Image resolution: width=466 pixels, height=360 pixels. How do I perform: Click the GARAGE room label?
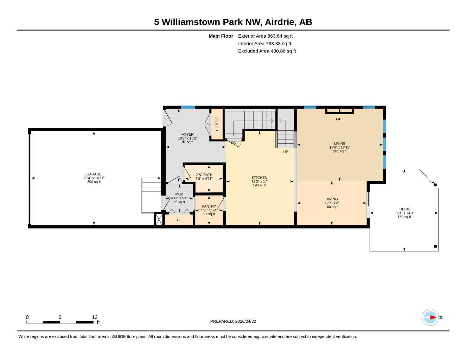94,174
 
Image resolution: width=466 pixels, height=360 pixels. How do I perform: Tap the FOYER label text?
187,134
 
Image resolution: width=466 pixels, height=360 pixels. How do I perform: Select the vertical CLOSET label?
217,124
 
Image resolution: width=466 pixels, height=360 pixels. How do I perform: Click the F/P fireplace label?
338,119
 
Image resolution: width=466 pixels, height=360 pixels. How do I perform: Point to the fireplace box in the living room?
339,111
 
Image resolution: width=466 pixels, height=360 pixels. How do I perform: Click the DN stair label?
234,143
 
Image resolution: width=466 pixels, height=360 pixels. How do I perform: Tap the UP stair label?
286,152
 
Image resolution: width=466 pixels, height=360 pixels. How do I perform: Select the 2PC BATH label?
204,175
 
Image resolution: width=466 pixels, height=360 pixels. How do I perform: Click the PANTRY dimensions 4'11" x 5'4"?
209,210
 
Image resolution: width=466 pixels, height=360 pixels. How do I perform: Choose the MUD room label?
179,194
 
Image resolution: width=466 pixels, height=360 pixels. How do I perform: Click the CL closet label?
179,220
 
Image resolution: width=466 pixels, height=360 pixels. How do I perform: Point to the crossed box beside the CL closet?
159,220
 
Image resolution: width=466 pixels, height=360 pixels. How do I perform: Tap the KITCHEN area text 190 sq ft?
260,185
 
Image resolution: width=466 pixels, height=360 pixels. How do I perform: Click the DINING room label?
332,199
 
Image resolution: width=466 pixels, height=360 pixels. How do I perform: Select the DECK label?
404,209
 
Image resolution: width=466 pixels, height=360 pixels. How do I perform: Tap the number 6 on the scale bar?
60,317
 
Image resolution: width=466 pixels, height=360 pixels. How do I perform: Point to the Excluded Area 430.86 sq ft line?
267,51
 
